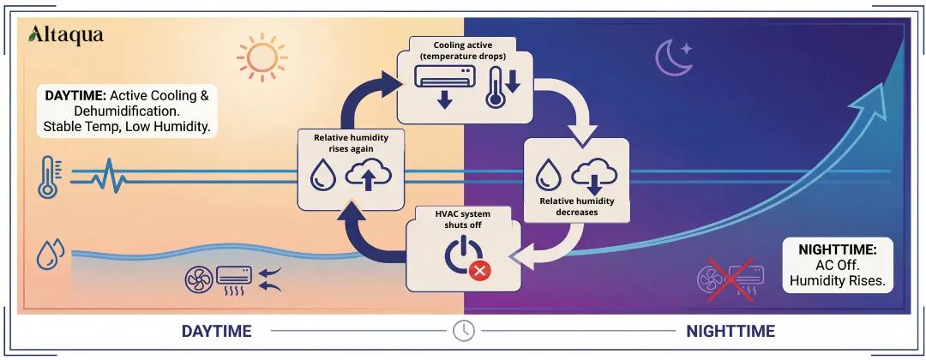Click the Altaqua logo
[66, 34]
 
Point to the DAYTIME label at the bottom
[216, 331]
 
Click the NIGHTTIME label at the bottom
[730, 331]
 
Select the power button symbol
[461, 255]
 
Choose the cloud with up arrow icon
[368, 176]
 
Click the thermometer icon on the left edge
[48, 177]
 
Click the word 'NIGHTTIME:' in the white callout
[838, 249]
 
